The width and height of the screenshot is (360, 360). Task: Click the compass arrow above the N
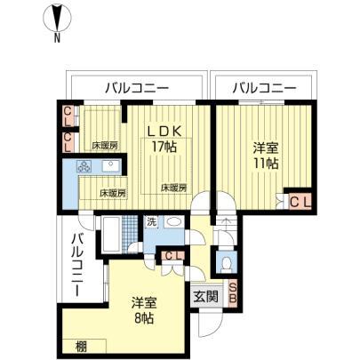point(57,17)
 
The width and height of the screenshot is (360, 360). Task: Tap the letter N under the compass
point(57,38)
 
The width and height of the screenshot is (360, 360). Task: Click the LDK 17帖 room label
point(164,139)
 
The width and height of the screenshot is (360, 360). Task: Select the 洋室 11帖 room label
point(266,156)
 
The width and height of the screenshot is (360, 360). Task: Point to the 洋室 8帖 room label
point(144,310)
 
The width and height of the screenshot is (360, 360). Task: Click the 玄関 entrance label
point(206,296)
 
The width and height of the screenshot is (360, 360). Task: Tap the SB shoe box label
point(233,293)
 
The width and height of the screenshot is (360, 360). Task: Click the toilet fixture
point(227,263)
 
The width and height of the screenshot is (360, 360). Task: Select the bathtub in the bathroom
point(111,234)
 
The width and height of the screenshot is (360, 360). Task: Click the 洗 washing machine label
point(151,222)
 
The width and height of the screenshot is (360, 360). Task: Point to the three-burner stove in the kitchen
point(85,166)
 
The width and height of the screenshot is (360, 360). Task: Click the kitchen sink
point(111,166)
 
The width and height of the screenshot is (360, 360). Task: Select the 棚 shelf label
point(81,347)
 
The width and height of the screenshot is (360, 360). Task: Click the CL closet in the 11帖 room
point(300,202)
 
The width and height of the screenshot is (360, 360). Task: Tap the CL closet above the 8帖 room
point(173,256)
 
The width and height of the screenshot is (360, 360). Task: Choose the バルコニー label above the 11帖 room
point(264,88)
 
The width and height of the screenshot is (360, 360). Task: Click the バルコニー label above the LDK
point(137,88)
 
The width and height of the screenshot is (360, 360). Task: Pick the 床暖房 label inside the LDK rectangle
point(174,188)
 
